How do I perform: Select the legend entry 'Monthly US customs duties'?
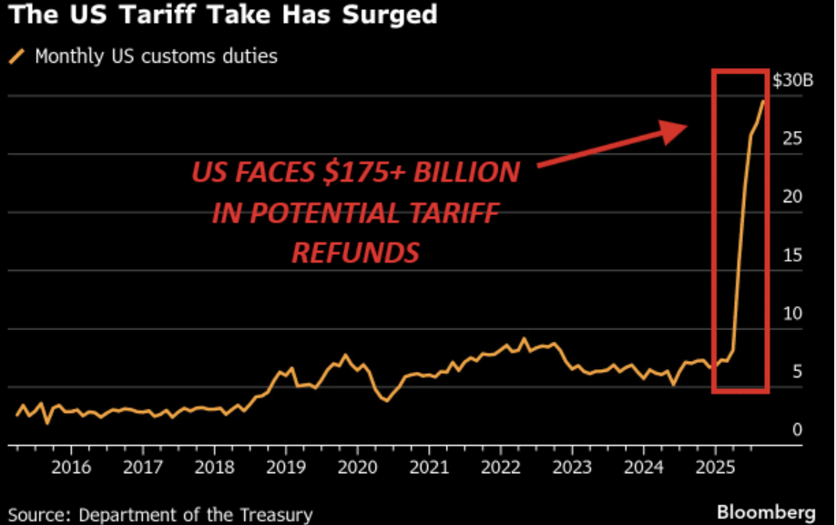coord(156,57)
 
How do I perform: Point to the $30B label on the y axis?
coord(791,80)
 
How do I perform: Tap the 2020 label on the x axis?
coord(357,470)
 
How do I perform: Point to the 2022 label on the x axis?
coord(500,470)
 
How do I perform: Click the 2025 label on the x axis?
coord(714,470)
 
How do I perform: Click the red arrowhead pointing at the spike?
coord(675,133)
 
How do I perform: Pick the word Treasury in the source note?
coord(277,515)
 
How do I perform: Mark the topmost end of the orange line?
coord(763,101)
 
